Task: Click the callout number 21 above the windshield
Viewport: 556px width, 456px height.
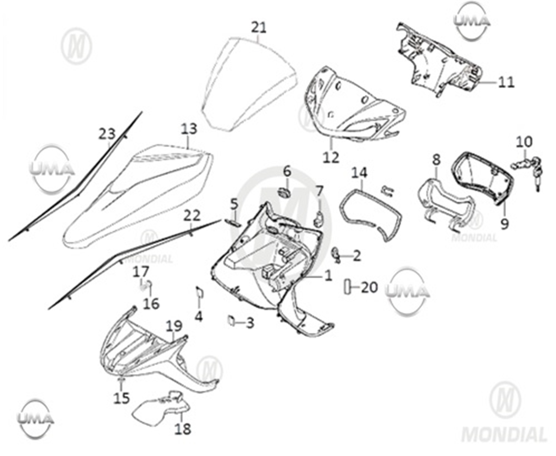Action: tap(259, 27)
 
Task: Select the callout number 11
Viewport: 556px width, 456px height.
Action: tap(505, 82)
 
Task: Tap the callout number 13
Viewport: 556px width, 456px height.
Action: tap(189, 129)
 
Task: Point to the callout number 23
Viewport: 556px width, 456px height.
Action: tap(107, 134)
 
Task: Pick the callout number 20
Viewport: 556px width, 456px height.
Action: tap(369, 287)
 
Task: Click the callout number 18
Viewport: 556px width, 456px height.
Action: tap(183, 429)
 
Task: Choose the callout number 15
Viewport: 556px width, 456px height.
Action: tap(121, 398)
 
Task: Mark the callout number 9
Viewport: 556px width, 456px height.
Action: tap(504, 224)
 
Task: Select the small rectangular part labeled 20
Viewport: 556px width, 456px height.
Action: tap(348, 287)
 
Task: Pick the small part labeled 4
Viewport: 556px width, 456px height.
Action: tap(199, 293)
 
